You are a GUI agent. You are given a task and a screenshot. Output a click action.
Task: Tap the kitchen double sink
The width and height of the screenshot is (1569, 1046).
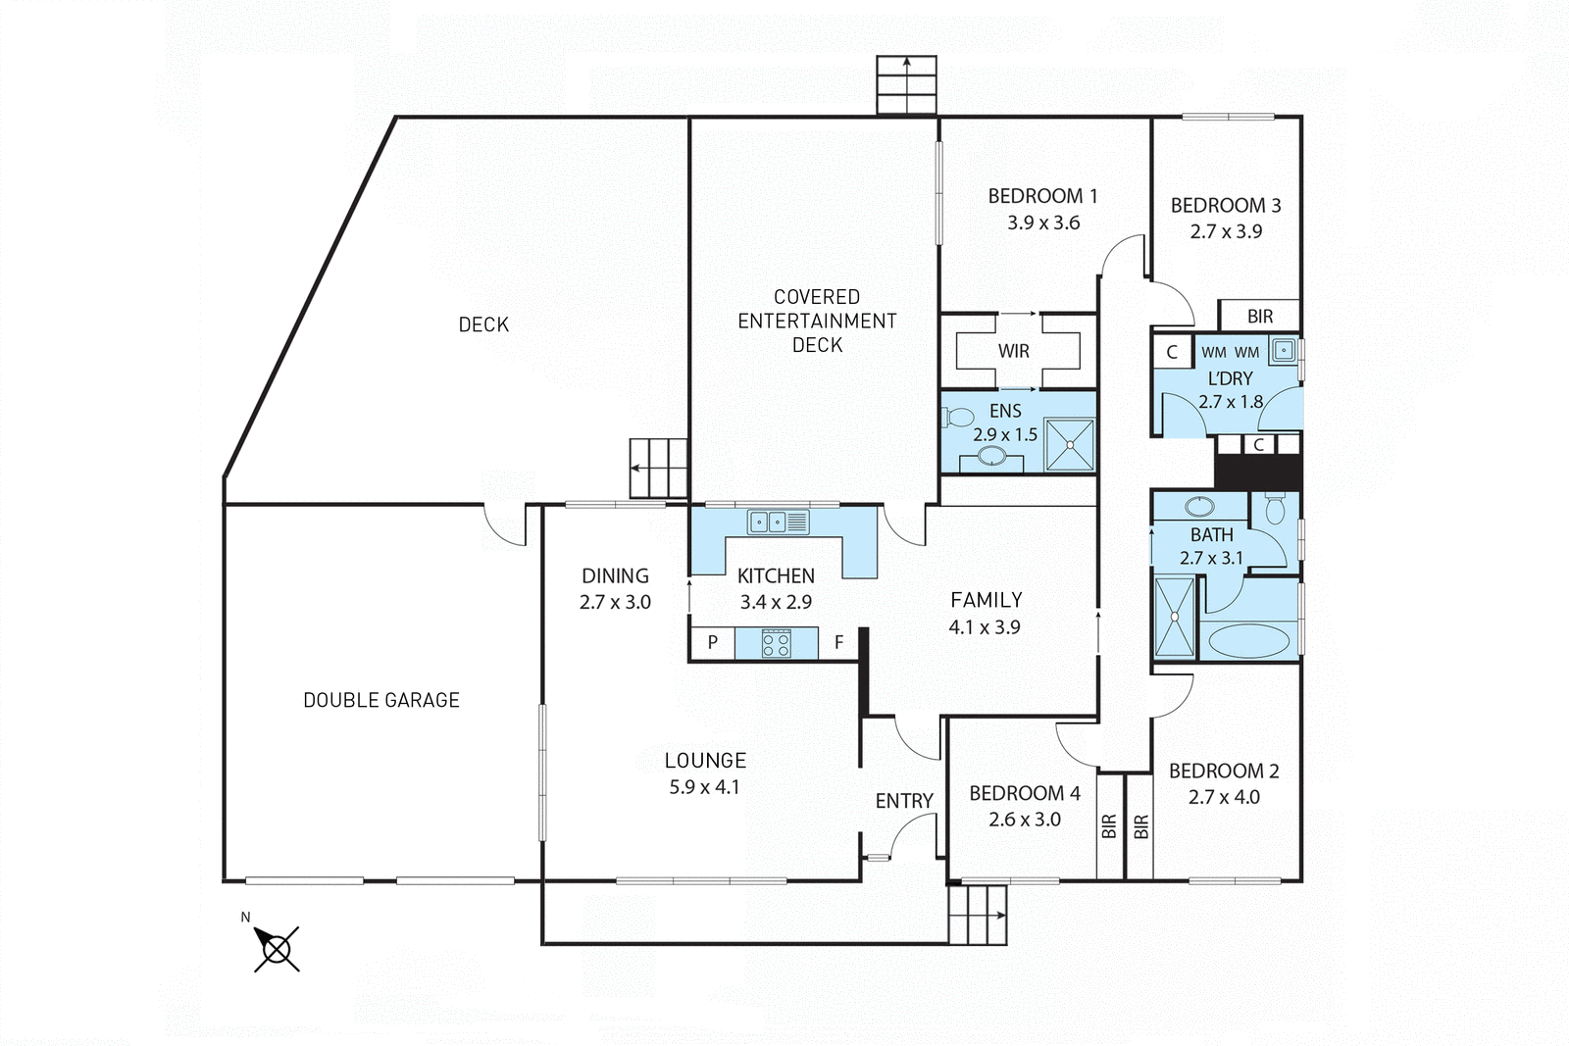[778, 523]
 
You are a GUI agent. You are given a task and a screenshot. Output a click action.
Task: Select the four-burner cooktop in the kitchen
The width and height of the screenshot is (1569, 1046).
[776, 644]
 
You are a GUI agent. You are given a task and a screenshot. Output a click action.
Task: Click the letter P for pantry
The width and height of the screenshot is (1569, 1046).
[713, 643]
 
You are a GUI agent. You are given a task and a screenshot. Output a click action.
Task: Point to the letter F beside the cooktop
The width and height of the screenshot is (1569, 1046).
[838, 643]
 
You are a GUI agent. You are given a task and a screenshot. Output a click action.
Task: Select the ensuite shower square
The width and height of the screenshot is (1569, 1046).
[1069, 445]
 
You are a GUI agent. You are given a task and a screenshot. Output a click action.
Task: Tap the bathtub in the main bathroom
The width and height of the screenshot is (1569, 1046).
[1247, 641]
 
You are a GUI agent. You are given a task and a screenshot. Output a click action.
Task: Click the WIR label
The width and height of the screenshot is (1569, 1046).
[1014, 351]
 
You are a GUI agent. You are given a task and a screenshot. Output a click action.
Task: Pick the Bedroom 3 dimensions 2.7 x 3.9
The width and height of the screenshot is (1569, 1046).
[1226, 231]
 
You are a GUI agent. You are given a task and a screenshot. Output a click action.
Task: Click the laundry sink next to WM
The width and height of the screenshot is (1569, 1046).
[1283, 349]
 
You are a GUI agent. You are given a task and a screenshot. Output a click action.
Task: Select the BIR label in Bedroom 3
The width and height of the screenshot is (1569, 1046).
[1260, 317]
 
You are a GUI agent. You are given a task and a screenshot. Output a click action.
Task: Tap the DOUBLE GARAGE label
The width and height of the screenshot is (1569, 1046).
[380, 700]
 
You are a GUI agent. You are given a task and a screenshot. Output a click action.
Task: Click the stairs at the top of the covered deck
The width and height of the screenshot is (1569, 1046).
[906, 85]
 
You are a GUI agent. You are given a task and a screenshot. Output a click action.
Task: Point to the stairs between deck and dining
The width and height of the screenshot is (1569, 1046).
[658, 468]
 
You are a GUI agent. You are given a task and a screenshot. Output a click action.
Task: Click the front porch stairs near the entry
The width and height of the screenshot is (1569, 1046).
[978, 915]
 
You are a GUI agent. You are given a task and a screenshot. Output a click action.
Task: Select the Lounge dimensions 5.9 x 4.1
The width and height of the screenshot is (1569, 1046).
[704, 786]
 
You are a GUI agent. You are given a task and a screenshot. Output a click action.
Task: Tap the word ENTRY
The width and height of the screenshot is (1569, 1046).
[904, 801]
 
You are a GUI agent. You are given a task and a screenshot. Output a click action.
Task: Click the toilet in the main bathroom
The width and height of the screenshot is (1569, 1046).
[1275, 509]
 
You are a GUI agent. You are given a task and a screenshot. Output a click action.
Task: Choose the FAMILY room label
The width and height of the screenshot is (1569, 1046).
[986, 600]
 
